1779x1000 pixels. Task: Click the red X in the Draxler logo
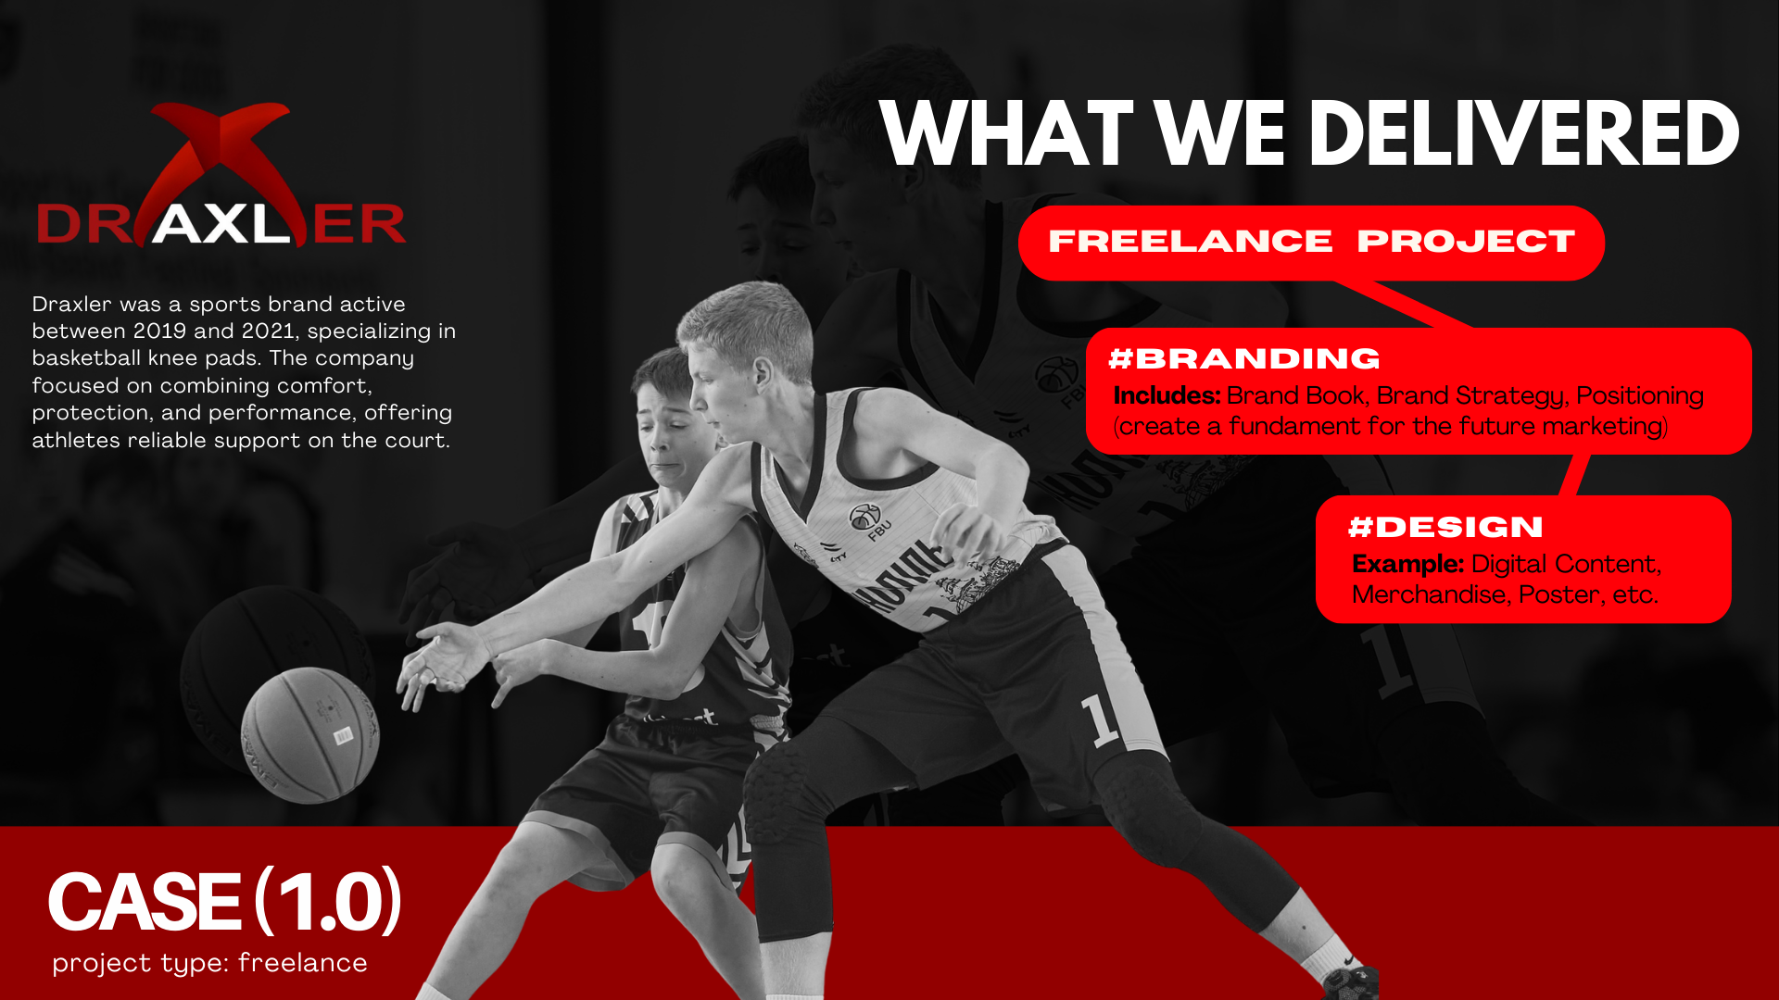click(x=222, y=167)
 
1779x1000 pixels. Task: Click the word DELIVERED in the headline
click(x=1524, y=134)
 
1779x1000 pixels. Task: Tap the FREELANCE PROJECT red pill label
click(x=1311, y=243)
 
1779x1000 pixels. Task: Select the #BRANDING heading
click(x=1244, y=358)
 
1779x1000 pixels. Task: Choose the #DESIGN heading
click(x=1445, y=527)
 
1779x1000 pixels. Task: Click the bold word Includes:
click(x=1167, y=395)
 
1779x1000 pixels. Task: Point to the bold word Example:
click(x=1407, y=564)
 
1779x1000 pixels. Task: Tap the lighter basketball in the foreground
click(x=310, y=735)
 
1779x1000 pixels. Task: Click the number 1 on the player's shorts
click(x=1101, y=720)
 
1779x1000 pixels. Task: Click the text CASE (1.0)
click(x=224, y=901)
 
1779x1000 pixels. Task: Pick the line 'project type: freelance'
click(x=209, y=963)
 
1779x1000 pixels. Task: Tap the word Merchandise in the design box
click(x=1429, y=594)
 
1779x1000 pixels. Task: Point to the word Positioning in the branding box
click(x=1639, y=396)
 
